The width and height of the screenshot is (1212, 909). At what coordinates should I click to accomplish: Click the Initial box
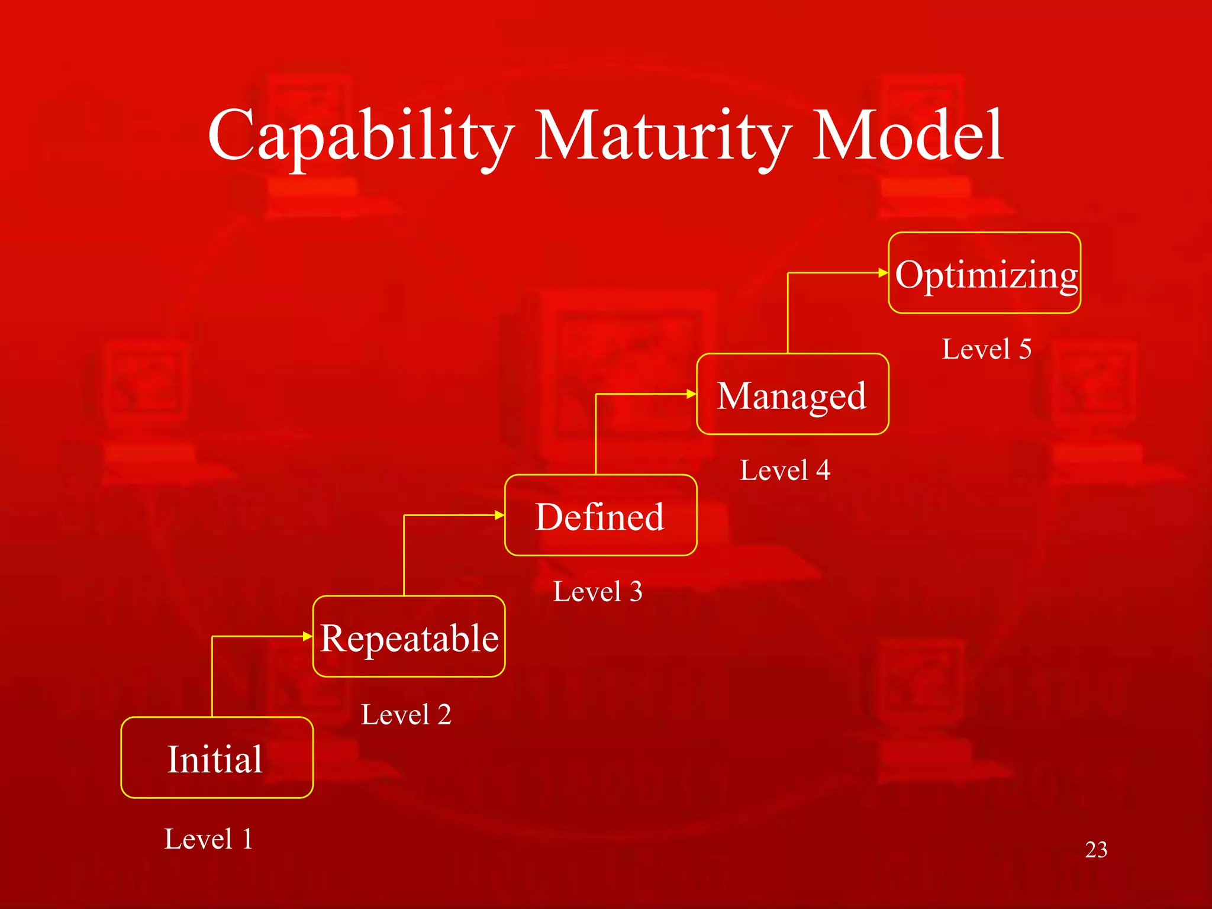pos(217,757)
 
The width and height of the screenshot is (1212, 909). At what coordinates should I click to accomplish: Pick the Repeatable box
pos(409,637)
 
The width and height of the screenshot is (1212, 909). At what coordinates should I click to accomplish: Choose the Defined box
pos(601,515)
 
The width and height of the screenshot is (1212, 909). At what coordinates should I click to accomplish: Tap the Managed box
pos(792,394)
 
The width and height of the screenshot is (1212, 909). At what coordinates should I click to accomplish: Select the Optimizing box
pos(985,273)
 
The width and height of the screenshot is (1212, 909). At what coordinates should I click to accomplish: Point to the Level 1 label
pos(208,839)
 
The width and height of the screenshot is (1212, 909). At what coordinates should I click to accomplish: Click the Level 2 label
pos(406,714)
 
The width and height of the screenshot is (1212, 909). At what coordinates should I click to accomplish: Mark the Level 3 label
pos(598,591)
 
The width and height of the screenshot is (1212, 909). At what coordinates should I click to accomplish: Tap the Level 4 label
pos(785,470)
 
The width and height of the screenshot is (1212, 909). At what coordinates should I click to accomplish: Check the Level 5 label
pos(987,349)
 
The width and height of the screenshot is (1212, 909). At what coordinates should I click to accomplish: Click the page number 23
pos(1096,850)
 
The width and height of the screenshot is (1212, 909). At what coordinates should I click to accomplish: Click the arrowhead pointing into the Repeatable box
pos(307,636)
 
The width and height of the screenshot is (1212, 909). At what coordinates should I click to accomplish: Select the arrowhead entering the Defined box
pos(499,515)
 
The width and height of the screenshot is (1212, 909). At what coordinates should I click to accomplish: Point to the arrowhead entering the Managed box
pos(691,394)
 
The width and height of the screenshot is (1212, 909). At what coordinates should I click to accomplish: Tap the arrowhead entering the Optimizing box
pos(883,273)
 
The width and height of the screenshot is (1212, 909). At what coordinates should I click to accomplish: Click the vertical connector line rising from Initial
pos(212,678)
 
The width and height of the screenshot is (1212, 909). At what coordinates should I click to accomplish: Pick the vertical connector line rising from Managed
pos(788,314)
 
